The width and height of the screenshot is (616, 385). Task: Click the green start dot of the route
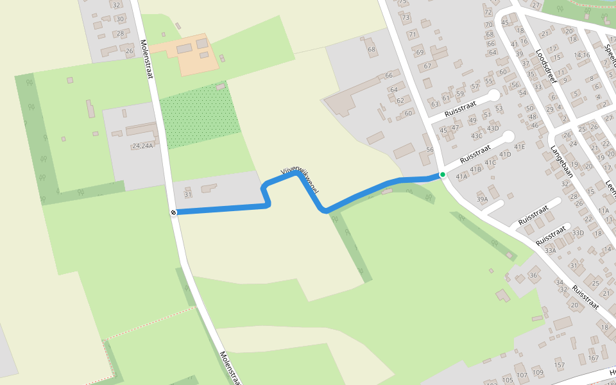point(442,175)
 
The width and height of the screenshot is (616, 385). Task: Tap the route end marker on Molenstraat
point(173,212)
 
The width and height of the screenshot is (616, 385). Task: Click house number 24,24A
point(142,146)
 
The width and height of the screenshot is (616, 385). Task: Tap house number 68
point(371,49)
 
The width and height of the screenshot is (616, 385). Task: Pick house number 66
point(388,76)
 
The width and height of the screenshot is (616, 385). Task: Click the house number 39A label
point(482,200)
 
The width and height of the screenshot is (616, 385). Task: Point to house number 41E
point(518,147)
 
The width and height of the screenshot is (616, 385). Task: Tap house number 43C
point(476,136)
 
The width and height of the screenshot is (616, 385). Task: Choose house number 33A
point(550,251)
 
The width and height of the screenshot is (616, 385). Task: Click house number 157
point(560,365)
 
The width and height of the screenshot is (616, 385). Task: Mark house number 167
point(593,358)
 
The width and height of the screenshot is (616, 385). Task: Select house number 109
point(538,373)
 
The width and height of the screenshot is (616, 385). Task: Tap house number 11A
point(603,210)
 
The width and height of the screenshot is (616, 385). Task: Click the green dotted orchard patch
point(199,116)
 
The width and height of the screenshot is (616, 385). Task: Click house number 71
point(413,34)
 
